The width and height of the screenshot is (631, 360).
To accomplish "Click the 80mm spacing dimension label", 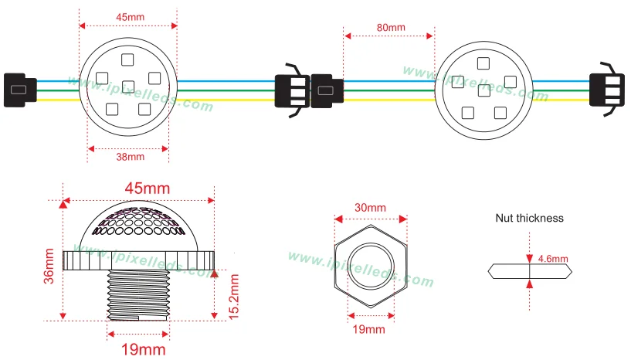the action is point(391,27).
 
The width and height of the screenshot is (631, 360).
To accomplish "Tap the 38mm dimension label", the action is point(130,157).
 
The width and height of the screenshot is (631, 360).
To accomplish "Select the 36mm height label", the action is point(49,267).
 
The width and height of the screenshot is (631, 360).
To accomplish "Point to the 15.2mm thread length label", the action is point(234,297).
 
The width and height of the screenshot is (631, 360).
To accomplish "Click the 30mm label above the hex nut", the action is point(370,208).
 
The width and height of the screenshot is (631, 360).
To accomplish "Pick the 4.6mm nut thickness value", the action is point(553,259).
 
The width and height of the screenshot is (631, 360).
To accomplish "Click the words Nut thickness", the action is point(529,218).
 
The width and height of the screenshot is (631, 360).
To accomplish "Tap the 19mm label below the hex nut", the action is point(368,329).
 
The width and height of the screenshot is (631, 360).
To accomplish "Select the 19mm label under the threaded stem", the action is point(143,349).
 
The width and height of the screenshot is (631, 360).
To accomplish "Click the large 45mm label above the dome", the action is point(148,188).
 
